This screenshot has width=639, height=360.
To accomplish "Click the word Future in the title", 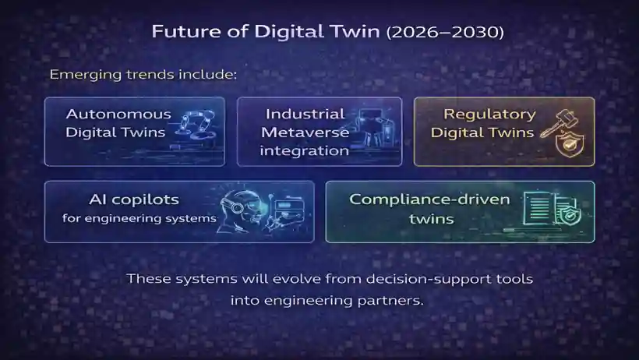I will pos(178,32).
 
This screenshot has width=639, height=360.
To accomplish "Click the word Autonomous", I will pos(108,114).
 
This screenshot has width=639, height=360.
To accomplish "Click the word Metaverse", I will pos(305,132).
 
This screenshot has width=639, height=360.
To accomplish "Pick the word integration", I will pos(305,150).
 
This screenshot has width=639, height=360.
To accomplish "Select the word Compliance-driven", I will pos(429,199).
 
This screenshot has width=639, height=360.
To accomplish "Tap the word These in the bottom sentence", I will pos(147,278).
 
